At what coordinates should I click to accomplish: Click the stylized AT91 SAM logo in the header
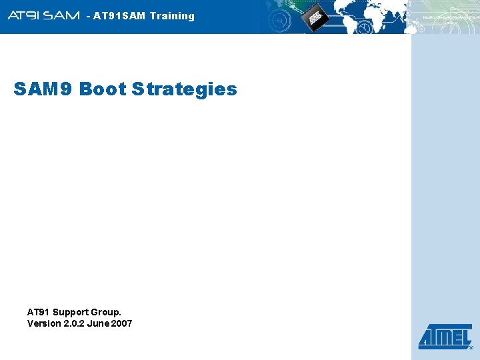point(44,15)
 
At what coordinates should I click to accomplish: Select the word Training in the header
point(172,16)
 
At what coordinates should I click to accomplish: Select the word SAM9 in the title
point(43,89)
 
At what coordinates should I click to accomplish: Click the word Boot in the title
point(103,89)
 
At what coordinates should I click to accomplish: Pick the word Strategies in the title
point(184,89)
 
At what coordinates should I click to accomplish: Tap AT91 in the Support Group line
point(38,312)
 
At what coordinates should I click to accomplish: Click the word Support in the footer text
point(72,312)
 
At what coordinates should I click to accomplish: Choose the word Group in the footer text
point(107,312)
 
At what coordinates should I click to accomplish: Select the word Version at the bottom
point(44,323)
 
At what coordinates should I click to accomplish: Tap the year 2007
point(123,323)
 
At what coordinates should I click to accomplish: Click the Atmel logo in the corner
point(445,337)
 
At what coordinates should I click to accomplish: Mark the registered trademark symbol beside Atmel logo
point(471,347)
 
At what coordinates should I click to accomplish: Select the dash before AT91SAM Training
point(89,16)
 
